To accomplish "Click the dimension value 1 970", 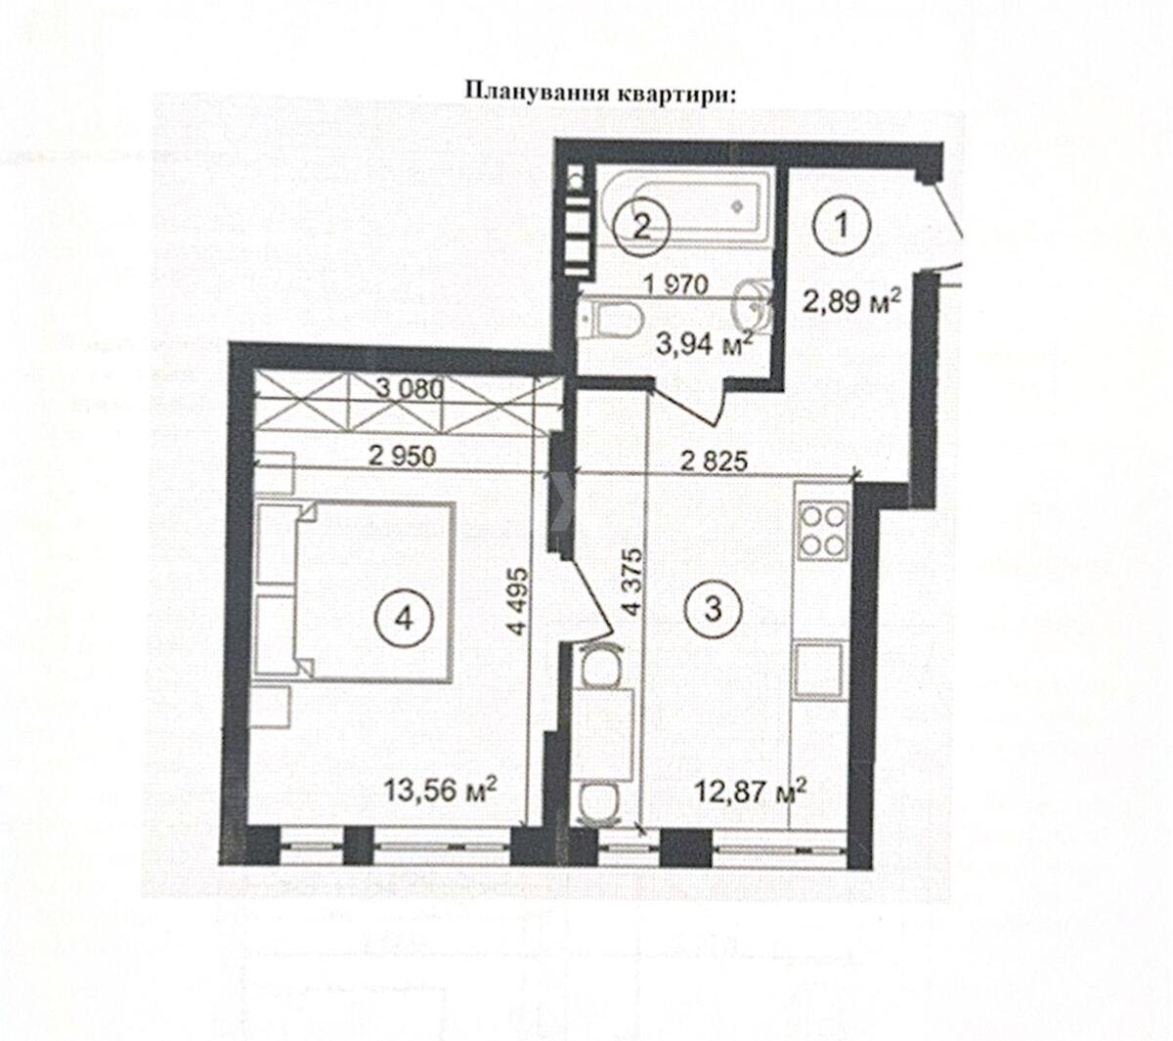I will point(675,283).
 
